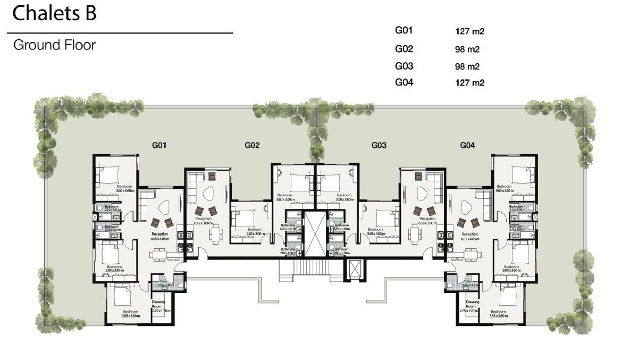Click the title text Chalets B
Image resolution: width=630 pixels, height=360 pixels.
tap(54, 13)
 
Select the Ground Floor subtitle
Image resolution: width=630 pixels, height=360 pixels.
tap(54, 45)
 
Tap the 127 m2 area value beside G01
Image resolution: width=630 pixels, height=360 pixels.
tap(469, 31)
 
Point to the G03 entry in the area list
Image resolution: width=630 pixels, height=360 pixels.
tap(404, 66)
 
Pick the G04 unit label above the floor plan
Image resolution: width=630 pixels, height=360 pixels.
tap(467, 145)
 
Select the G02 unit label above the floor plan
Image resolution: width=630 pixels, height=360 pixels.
tap(252, 145)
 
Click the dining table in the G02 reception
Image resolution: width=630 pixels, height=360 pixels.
tap(215, 233)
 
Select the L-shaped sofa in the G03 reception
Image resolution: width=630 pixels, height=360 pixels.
tap(433, 184)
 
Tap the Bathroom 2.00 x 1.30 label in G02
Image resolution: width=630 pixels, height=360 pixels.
tap(288, 251)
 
